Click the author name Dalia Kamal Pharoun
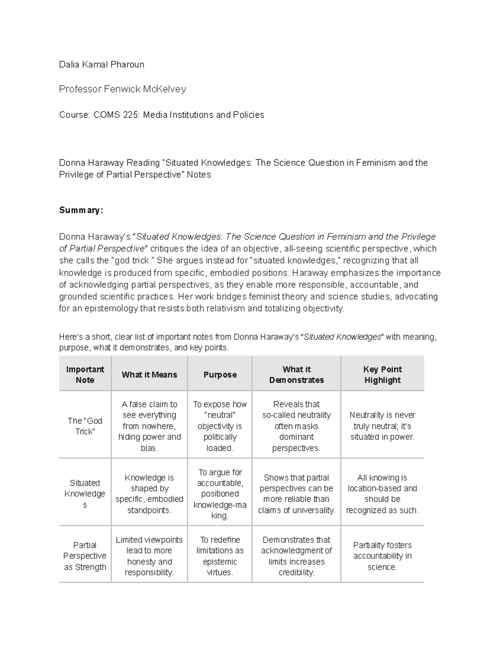click(x=101, y=65)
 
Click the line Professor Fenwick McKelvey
click(x=122, y=89)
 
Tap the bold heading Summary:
click(x=81, y=210)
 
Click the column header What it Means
click(x=149, y=375)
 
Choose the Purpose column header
click(x=220, y=375)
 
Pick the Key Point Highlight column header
click(x=382, y=375)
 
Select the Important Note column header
click(x=85, y=375)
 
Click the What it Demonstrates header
click(x=296, y=375)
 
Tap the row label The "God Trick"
click(x=85, y=426)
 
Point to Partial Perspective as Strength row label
click(x=85, y=556)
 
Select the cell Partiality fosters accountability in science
click(x=382, y=556)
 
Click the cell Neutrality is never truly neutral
click(x=382, y=426)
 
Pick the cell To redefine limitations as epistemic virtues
click(x=220, y=556)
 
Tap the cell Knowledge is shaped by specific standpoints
click(x=149, y=493)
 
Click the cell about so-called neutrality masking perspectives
click(x=296, y=426)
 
